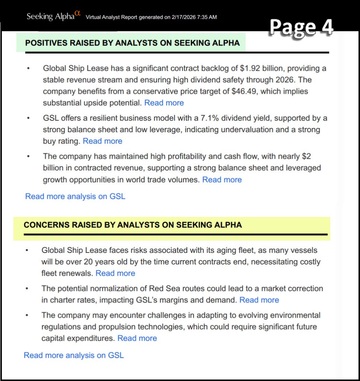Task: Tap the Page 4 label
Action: pyautogui.click(x=301, y=28)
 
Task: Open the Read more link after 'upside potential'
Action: pyautogui.click(x=164, y=103)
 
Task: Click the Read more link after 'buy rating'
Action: pyautogui.click(x=102, y=141)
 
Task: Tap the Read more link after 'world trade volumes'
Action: pyautogui.click(x=222, y=180)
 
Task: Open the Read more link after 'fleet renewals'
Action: pyautogui.click(x=115, y=273)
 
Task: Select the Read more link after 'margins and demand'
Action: pyautogui.click(x=259, y=300)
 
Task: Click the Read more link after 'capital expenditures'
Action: pyautogui.click(x=137, y=338)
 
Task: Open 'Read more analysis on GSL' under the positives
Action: pyautogui.click(x=75, y=196)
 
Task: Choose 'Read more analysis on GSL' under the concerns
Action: pyautogui.click(x=74, y=355)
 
